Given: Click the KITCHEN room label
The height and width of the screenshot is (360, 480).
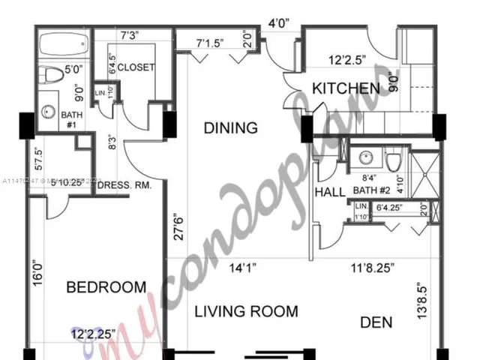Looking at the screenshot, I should tap(346, 88).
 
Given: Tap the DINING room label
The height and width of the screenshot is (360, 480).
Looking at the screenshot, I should tap(230, 128).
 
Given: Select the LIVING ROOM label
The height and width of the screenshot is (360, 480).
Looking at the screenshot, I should tap(247, 311).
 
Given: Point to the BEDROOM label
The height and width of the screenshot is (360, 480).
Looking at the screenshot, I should tap(106, 287).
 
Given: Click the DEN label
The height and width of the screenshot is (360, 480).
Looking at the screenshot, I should tap(376, 323).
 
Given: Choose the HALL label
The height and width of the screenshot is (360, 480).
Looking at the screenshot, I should tap(329, 192).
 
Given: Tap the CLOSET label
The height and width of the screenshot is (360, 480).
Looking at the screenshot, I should tap(136, 67).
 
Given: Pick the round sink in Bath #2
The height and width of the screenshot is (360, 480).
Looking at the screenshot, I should tap(367, 158).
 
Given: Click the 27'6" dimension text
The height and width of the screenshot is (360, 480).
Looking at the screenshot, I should tap(177, 226).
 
